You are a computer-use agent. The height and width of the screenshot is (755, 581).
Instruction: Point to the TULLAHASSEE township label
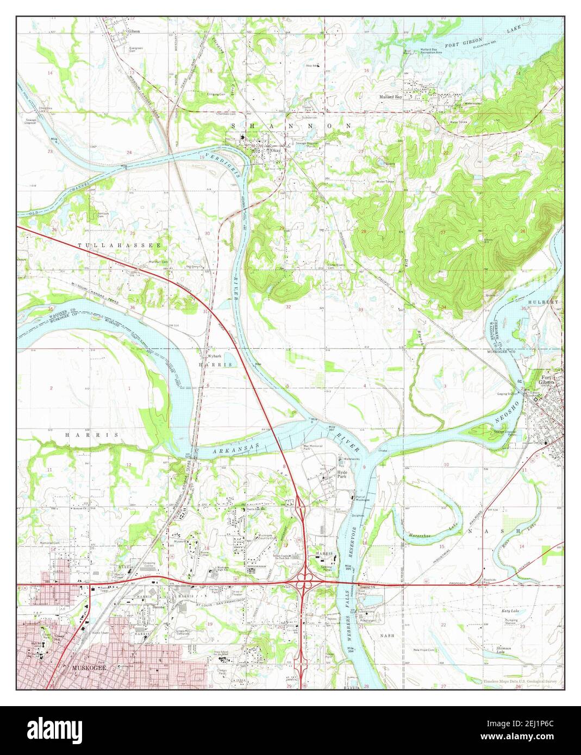pos(120,246)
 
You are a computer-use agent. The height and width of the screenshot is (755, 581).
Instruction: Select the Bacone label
pos(158,606)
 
